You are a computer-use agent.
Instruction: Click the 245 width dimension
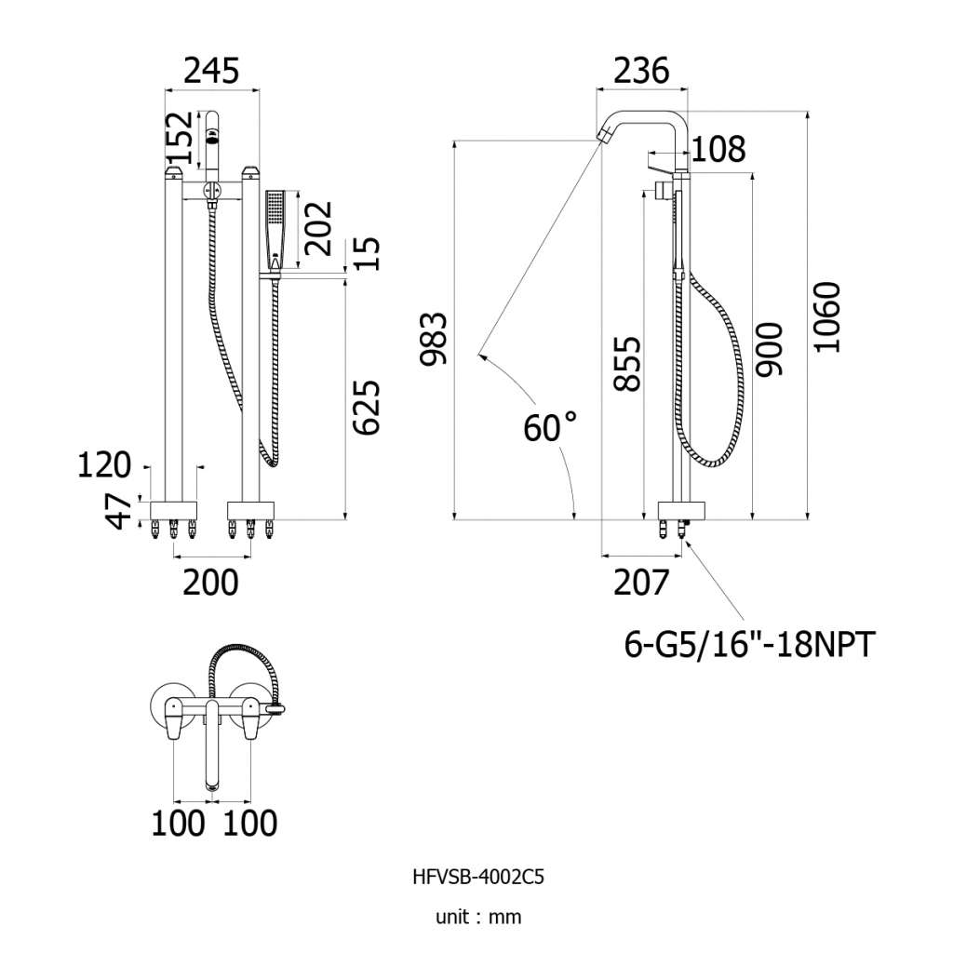[211, 71]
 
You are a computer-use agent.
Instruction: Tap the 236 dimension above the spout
[641, 71]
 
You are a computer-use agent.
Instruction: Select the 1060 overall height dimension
[827, 316]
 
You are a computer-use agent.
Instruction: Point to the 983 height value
[434, 339]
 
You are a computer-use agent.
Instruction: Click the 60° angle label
[550, 427]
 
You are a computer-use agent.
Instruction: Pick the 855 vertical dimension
[627, 364]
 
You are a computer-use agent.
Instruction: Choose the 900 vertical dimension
[769, 350]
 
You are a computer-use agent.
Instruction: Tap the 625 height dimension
[367, 408]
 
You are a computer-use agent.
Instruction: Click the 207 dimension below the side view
[641, 583]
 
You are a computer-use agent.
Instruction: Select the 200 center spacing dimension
[211, 583]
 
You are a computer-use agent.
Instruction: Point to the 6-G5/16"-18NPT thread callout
[750, 644]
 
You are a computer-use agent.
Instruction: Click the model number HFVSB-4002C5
[478, 878]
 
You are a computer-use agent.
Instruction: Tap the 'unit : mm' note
[478, 917]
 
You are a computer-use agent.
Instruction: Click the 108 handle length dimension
[718, 149]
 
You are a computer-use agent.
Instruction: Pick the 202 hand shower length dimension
[319, 229]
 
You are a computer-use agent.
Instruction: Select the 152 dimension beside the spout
[181, 138]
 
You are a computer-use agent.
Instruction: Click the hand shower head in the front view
[275, 230]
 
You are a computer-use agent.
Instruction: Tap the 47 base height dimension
[119, 511]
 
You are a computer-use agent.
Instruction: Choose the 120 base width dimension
[104, 465]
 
